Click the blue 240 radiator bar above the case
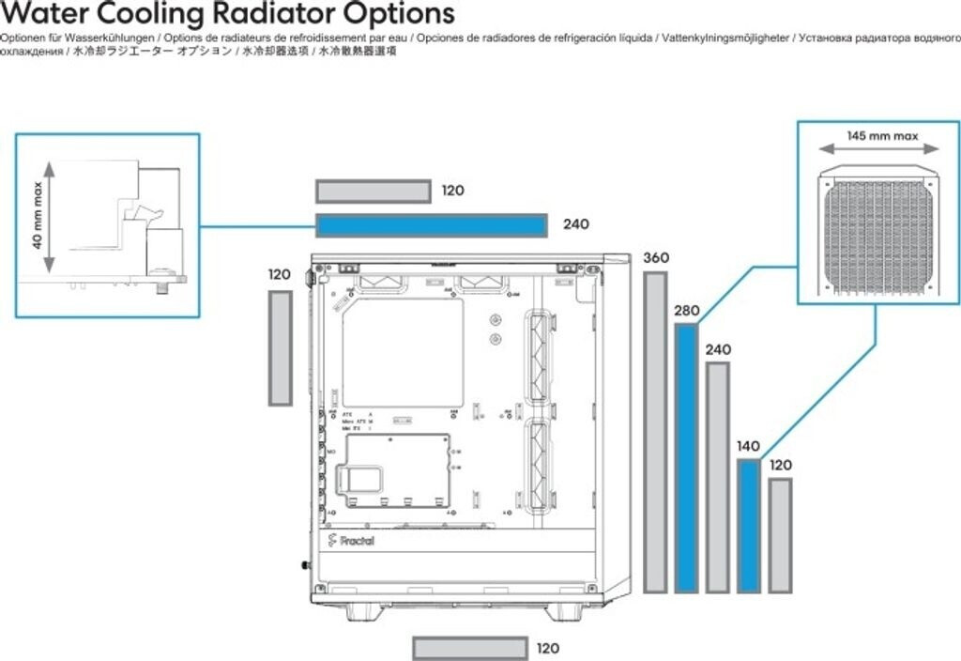pos(431,225)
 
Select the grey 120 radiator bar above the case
pos(373,192)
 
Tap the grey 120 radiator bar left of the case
pos(280,347)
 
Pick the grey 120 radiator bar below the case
pos(469,648)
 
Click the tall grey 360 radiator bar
pos(655,432)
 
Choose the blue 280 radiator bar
pos(686,458)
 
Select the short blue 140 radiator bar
pos(748,526)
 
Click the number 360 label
pos(656,258)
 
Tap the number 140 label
pos(748,447)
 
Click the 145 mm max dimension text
pos(881,135)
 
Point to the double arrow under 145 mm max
pos(878,148)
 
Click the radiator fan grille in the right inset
pos(877,234)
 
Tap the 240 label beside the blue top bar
pos(575,225)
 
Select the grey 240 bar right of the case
pos(717,477)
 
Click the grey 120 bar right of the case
pos(779,535)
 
